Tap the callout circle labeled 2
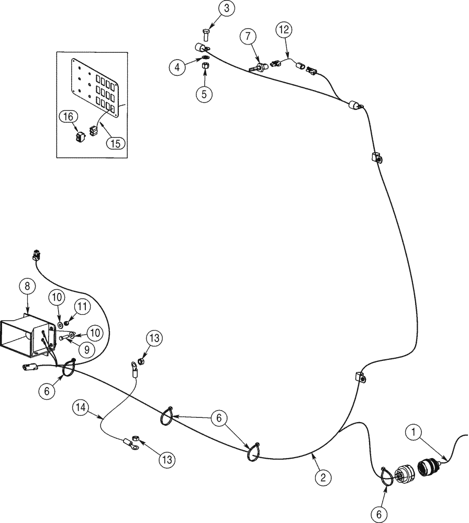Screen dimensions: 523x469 pyautogui.click(x=323, y=477)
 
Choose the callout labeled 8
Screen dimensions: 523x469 pyautogui.click(x=27, y=287)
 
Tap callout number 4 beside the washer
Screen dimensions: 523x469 pyautogui.click(x=176, y=67)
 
